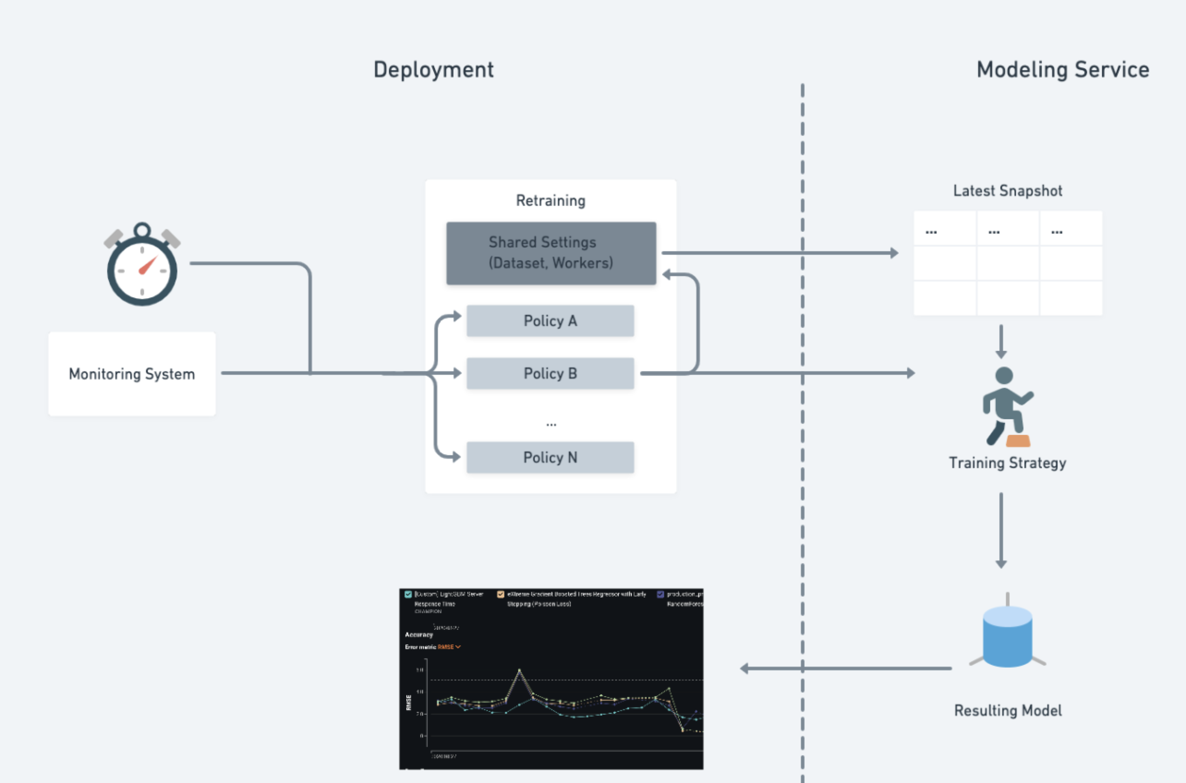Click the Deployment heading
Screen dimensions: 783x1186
click(x=433, y=69)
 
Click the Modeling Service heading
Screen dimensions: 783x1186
click(x=1063, y=69)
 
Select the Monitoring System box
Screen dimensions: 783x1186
click(x=132, y=373)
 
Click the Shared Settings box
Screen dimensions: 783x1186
click(x=551, y=253)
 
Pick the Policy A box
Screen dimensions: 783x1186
click(x=550, y=320)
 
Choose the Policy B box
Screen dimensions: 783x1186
click(x=550, y=373)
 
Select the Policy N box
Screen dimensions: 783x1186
click(x=550, y=457)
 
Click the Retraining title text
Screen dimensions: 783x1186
click(x=551, y=201)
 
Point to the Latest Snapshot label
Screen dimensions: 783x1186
click(x=1007, y=191)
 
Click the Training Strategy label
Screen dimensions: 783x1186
click(x=1007, y=463)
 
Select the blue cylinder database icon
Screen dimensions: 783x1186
click(x=1007, y=636)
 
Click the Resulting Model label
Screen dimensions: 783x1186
click(x=1007, y=710)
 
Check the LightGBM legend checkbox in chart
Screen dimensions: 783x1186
click(x=408, y=594)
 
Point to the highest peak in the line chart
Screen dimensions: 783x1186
click(x=520, y=670)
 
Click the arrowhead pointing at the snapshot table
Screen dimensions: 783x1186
click(x=894, y=253)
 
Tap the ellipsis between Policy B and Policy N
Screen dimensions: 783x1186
click(x=551, y=424)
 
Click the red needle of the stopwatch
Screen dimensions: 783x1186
click(x=148, y=265)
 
